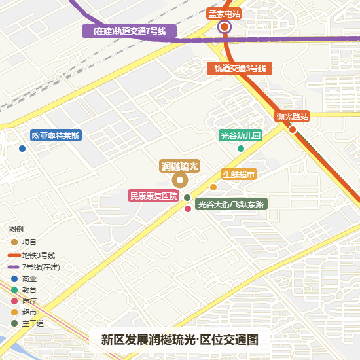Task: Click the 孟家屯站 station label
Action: [x=225, y=13]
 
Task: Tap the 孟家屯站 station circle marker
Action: [x=225, y=27]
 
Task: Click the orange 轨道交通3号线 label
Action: [x=240, y=68]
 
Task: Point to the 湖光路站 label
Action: [x=292, y=117]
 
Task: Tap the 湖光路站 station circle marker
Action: [x=293, y=129]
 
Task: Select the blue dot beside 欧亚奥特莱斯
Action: [x=22, y=149]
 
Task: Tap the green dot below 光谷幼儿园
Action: [x=241, y=149]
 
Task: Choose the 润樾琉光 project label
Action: [x=180, y=166]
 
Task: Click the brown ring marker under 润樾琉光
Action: [x=179, y=181]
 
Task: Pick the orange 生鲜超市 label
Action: [x=238, y=174]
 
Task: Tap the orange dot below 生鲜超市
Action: [x=213, y=187]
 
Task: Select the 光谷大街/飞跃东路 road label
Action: [x=231, y=204]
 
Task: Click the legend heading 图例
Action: [x=16, y=230]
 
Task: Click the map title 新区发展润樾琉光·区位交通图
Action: [x=180, y=340]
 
